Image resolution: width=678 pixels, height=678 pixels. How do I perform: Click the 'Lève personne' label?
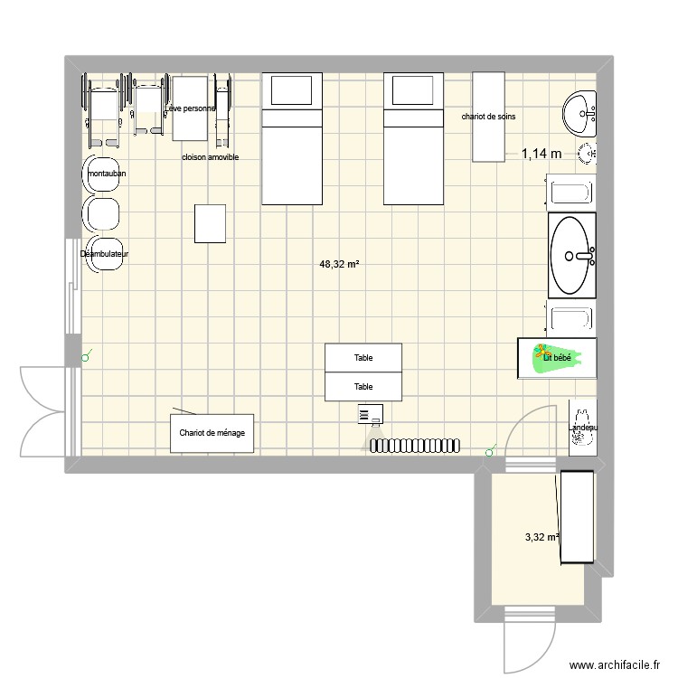[191, 109]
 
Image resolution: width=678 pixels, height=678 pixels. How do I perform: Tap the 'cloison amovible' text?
[210, 157]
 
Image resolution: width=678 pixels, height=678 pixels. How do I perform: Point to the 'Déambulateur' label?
[104, 254]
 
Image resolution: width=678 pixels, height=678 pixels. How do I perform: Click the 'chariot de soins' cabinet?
[488, 117]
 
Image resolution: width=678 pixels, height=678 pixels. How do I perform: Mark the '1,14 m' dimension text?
[541, 155]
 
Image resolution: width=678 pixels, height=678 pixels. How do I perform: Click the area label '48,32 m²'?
[339, 265]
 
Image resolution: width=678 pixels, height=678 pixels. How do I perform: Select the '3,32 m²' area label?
[541, 538]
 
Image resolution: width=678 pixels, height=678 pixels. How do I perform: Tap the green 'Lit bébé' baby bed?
[557, 358]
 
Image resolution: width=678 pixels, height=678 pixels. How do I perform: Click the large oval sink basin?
[572, 255]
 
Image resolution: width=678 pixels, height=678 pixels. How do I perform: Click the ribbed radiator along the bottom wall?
[415, 445]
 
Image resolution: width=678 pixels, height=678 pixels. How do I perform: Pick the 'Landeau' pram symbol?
[582, 427]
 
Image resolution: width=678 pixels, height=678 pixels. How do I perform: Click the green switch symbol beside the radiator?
[491, 449]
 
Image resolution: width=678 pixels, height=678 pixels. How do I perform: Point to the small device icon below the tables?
[369, 414]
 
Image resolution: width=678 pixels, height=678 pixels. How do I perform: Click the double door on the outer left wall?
[43, 411]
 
